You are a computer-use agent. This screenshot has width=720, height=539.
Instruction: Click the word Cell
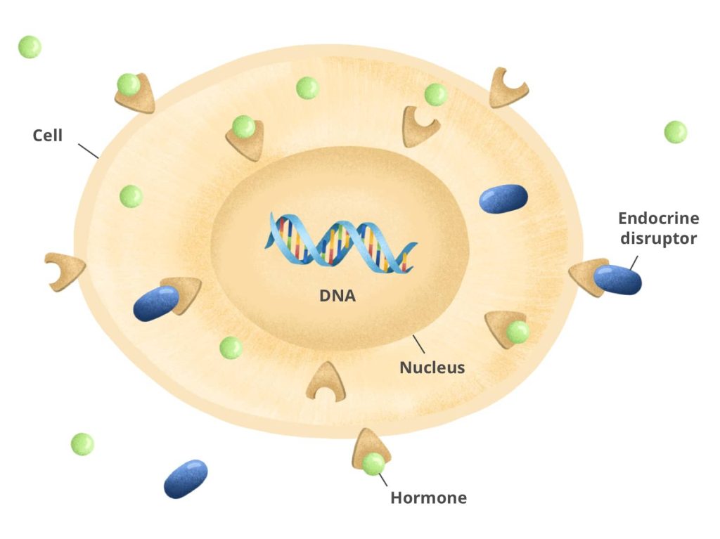(x=48, y=135)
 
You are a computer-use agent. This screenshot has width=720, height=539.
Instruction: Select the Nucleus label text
(x=432, y=367)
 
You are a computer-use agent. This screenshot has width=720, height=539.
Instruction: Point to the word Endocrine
(x=658, y=219)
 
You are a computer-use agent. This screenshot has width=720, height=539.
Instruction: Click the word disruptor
(x=658, y=239)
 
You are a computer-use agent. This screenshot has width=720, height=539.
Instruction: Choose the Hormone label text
(x=428, y=498)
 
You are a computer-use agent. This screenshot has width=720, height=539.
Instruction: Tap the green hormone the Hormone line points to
(x=373, y=464)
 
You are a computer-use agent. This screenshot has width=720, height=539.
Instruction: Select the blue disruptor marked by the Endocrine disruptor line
(x=617, y=280)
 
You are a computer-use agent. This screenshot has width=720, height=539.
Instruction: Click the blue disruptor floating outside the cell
(x=186, y=479)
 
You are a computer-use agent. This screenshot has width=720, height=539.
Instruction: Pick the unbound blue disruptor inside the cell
(x=503, y=198)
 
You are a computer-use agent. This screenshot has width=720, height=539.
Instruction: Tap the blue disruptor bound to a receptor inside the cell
(x=156, y=303)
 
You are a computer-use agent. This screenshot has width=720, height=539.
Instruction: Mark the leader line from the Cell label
(x=88, y=150)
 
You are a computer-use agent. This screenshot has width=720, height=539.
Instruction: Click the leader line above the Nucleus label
(x=419, y=344)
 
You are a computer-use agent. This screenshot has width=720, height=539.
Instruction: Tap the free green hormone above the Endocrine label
(x=675, y=132)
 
